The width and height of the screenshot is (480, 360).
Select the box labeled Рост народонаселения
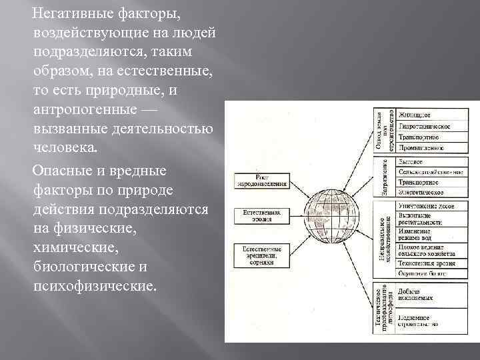pyautogui.click(x=262, y=181)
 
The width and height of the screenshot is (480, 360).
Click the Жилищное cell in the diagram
pyautogui.click(x=424, y=115)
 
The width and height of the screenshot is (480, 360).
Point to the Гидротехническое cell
pyautogui.click(x=424, y=126)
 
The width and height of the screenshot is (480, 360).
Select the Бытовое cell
pyautogui.click(x=424, y=162)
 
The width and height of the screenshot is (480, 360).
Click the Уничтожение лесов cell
pyautogui.click(x=424, y=206)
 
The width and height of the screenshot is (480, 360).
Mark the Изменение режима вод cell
pyautogui.click(x=424, y=234)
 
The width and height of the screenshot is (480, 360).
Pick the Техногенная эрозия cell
pyautogui.click(x=424, y=263)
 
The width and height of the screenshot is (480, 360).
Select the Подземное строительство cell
pyautogui.click(x=424, y=321)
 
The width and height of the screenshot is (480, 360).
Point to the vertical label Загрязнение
pyautogui.click(x=385, y=177)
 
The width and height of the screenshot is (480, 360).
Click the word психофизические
pyautogui.click(x=92, y=287)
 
